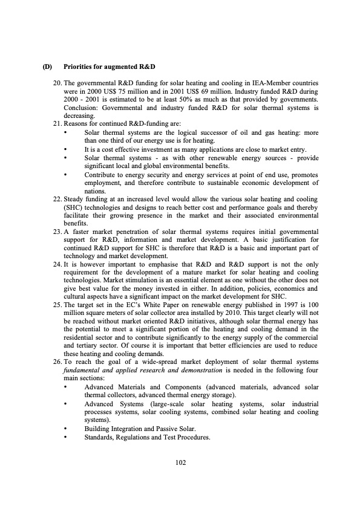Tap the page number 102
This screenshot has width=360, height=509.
pyautogui.click(x=180, y=462)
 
